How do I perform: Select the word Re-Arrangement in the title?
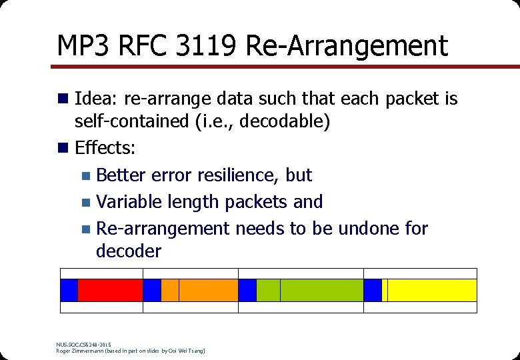pos(347,46)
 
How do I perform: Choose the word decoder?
pos(129,251)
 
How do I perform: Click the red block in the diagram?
pos(111,290)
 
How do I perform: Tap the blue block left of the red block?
pos(69,290)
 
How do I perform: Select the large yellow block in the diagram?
pos(432,290)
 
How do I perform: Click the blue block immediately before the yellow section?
pos(373,290)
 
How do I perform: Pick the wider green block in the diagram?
pos(322,290)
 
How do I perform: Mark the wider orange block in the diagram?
pos(209,290)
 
